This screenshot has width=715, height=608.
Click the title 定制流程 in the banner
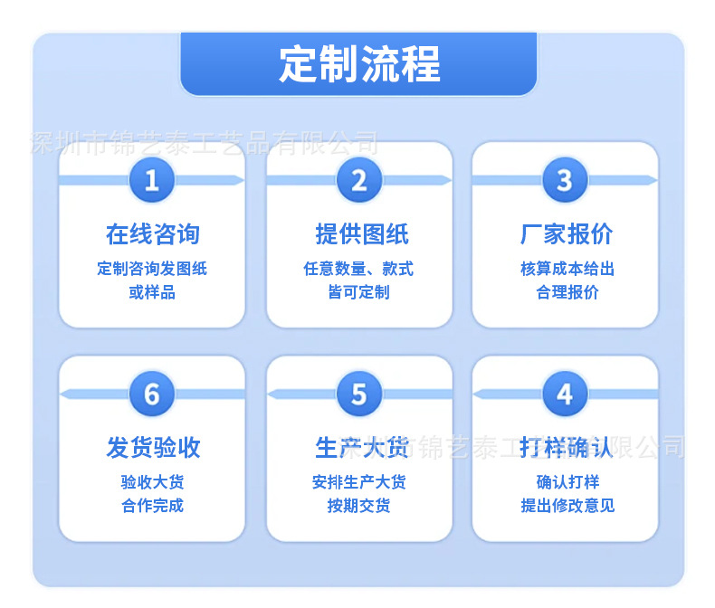359,64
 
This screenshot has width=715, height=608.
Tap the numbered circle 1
152,180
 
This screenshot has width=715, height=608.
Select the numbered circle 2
359,180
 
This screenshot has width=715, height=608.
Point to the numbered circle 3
565,180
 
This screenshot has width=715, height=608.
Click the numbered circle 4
565,394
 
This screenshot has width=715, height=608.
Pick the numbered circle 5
359,394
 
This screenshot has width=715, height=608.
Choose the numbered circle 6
152,394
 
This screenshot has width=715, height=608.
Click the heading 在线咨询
153,234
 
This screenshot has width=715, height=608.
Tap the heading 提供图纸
362,234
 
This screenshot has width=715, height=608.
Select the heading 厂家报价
567,234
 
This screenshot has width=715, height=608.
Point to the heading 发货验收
153,447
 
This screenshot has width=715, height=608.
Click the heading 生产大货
362,447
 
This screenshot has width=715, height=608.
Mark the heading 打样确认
566,447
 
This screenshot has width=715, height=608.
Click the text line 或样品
152,292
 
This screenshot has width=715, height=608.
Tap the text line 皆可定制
359,292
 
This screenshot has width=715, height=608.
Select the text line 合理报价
567,292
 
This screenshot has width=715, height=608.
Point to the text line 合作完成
152,506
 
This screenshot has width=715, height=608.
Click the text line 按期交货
359,506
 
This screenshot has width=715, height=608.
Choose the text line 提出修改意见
567,506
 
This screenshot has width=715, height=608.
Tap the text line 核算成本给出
567,269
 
